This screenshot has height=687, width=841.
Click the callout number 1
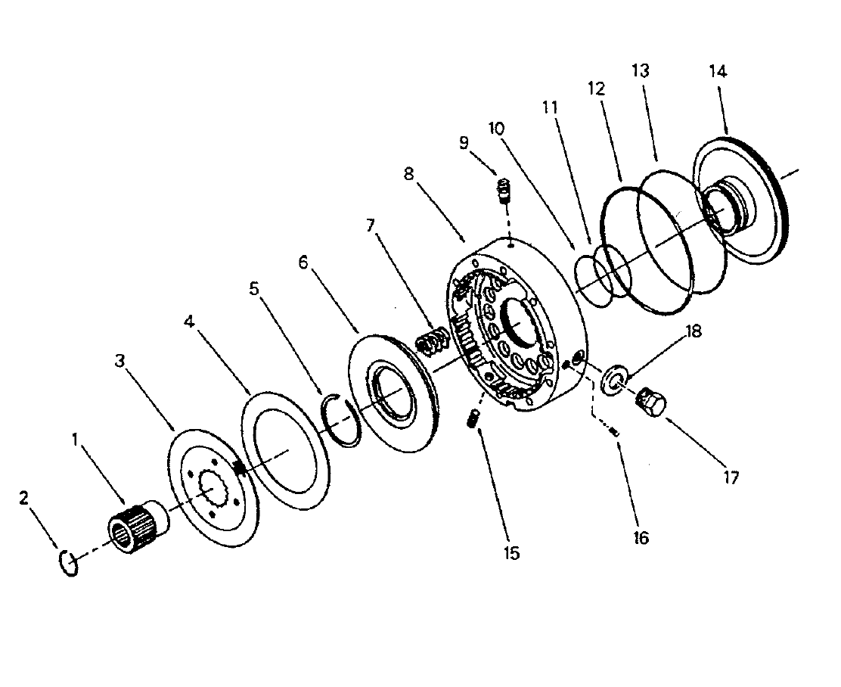click(76, 438)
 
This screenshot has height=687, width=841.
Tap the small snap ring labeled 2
click(67, 564)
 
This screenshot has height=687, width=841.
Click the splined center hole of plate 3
click(213, 491)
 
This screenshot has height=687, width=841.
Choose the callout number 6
click(303, 262)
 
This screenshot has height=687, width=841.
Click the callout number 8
click(409, 173)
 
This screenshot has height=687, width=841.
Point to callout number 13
click(640, 71)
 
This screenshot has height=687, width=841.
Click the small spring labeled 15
click(473, 418)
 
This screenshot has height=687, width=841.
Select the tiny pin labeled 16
click(615, 431)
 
